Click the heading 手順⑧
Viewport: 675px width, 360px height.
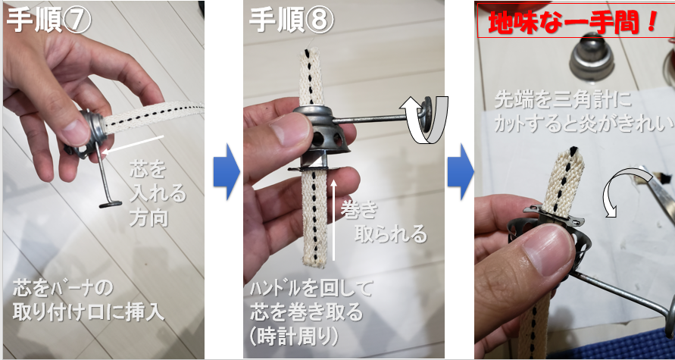[291, 20]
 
